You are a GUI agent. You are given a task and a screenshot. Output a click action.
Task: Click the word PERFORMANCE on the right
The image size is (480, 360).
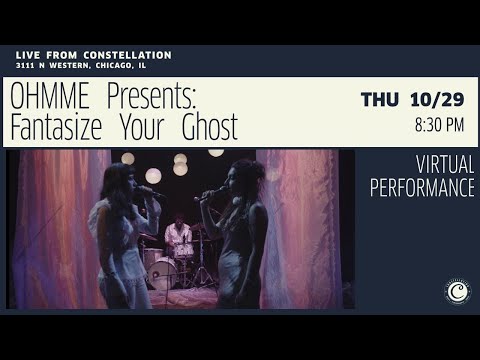pyautogui.click(x=422, y=188)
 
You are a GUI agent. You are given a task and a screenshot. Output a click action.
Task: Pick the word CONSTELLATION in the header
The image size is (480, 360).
pyautogui.click(x=127, y=55)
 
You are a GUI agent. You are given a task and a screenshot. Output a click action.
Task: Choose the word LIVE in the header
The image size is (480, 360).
pyautogui.click(x=28, y=55)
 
